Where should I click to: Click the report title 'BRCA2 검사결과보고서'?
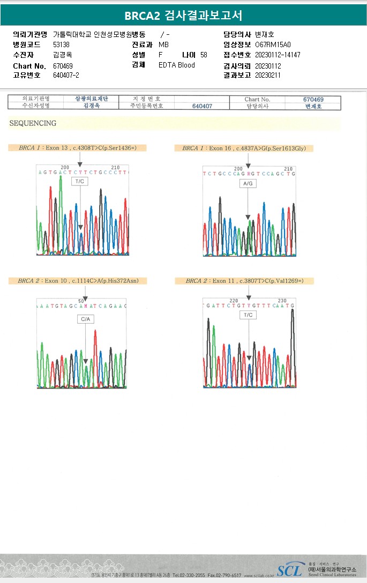[183, 16]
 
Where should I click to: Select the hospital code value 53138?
[61, 44]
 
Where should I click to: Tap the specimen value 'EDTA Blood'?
[177, 65]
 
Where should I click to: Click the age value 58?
[204, 55]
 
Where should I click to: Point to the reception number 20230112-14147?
[278, 55]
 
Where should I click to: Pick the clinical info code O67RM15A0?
[273, 44]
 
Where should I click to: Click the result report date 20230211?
[268, 75]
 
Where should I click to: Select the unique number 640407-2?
[66, 75]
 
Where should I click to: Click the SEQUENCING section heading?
[33, 123]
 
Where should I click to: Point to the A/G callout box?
[248, 183]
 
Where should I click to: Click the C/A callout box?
[85, 319]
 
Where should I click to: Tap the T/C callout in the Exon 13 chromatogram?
[80, 182]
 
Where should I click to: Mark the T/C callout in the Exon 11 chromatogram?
[248, 315]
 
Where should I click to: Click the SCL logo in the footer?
[289, 570]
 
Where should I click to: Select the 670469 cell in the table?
[313, 99]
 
